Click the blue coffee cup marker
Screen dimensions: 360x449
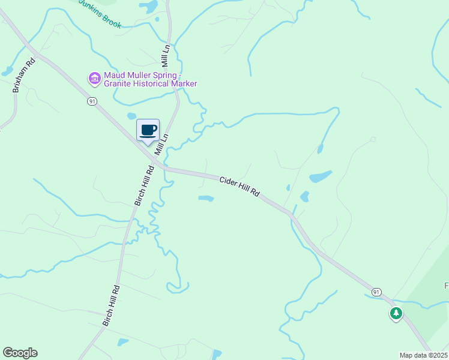(148, 130)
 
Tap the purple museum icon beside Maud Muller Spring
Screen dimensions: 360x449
(94, 79)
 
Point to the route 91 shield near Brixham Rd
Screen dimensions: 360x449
(91, 101)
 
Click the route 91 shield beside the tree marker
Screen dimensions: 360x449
(376, 292)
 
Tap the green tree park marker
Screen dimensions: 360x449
(396, 313)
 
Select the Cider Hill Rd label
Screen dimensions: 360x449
(239, 186)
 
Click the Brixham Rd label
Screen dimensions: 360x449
(25, 75)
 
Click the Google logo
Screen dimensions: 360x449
(20, 353)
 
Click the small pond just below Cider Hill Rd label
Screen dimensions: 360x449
(206, 198)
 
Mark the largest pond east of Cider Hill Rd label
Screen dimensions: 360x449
(320, 176)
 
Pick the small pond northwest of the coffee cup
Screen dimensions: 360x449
(131, 116)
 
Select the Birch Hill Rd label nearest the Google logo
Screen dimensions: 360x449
(112, 305)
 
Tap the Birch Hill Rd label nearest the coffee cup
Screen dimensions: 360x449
(145, 186)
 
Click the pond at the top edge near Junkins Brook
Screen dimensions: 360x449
(149, 7)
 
